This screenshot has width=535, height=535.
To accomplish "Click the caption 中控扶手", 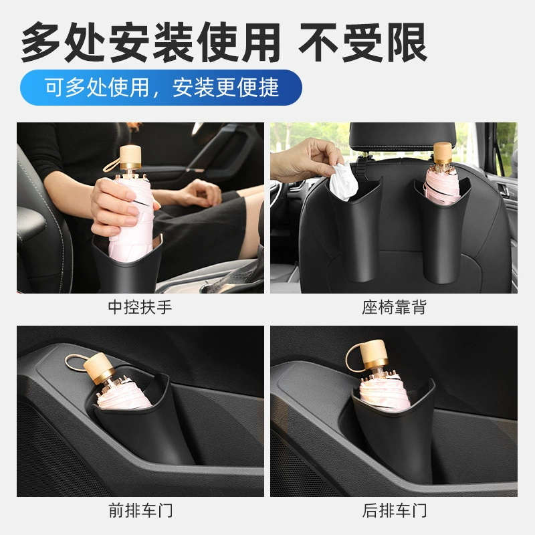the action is point(140,307).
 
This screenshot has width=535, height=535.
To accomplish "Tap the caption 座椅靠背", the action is point(394,307).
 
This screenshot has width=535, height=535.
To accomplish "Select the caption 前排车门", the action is point(140,510).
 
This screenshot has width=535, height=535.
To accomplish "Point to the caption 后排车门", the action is point(394,510).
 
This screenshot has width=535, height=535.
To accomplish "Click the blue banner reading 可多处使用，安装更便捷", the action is point(161,88).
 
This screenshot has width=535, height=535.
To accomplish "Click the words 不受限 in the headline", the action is point(363,43).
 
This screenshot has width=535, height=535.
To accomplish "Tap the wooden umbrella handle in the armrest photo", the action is point(130,157).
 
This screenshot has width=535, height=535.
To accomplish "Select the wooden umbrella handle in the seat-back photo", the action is point(443,153).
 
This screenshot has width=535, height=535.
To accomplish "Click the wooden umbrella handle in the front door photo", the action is point(100,368).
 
